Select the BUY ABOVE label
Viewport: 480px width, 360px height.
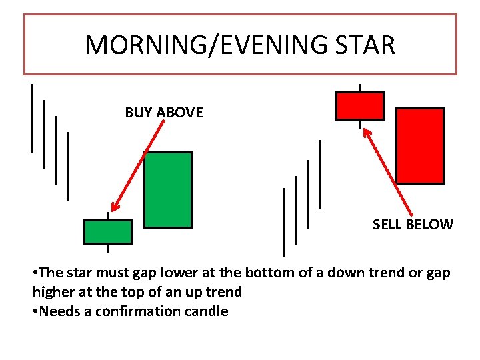164,113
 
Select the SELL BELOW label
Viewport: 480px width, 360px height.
413,225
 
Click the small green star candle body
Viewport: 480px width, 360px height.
108,231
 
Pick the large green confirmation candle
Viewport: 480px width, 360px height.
168,190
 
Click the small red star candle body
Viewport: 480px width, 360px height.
360,106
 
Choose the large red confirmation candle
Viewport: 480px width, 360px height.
420,145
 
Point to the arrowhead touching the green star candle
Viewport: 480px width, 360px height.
115,207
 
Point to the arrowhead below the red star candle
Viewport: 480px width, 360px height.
366,131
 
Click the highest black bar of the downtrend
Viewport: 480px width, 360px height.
32,118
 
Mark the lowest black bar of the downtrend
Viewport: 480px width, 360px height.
68,165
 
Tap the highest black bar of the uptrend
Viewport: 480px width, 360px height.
320,173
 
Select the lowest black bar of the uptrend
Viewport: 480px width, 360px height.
284,221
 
